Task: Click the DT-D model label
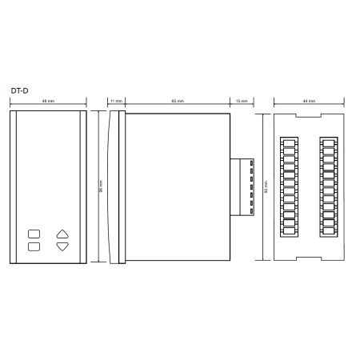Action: pos(19,90)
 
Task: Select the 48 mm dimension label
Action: pos(48,101)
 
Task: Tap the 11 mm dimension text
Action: pos(116,101)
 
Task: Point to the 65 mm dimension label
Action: pos(178,101)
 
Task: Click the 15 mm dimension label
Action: pos(242,101)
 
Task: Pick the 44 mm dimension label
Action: pos(309,101)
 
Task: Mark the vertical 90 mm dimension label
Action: pos(101,186)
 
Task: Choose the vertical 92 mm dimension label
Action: pos(266,186)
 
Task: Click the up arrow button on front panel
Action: pos(62,234)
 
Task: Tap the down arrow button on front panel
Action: pos(62,246)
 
